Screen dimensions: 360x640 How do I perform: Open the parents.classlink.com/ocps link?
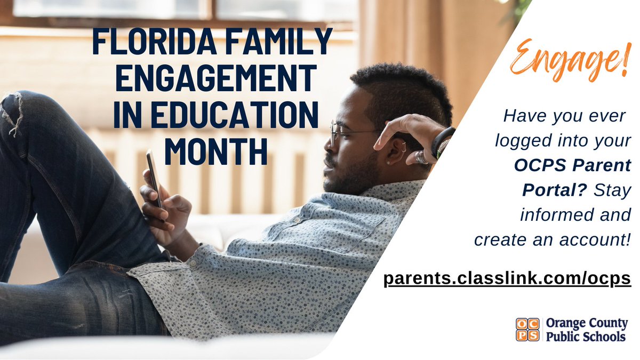point(507,278)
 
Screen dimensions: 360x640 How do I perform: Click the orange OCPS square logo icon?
point(527,329)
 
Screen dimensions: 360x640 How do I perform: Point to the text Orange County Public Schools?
point(586,330)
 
